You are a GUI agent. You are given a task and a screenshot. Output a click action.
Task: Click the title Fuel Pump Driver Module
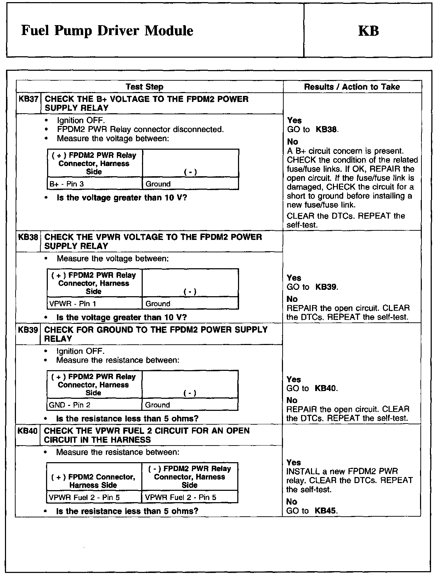(107, 31)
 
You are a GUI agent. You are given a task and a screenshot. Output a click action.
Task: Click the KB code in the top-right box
(368, 31)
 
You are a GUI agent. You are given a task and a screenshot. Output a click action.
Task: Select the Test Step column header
(144, 87)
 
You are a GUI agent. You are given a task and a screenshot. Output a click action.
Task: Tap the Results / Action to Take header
(352, 87)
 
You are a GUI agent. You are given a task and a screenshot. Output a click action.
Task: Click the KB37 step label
(28, 99)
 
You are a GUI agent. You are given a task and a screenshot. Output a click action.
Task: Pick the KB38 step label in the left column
(28, 237)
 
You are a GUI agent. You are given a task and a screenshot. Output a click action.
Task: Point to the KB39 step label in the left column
(28, 330)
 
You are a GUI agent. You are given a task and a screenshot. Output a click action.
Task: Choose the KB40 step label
(28, 431)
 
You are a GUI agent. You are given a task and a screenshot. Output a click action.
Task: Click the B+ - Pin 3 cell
(67, 184)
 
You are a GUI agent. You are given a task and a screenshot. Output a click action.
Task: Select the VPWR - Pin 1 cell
(73, 304)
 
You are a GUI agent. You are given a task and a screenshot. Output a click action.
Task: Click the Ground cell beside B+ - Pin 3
(158, 184)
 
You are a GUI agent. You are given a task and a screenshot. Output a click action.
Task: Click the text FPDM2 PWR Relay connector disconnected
(140, 130)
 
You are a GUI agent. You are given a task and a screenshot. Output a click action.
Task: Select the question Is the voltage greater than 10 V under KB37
(121, 197)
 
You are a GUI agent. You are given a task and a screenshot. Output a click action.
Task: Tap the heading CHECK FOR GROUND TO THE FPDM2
(156, 330)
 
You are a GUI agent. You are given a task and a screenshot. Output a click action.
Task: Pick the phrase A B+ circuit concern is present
(345, 151)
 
